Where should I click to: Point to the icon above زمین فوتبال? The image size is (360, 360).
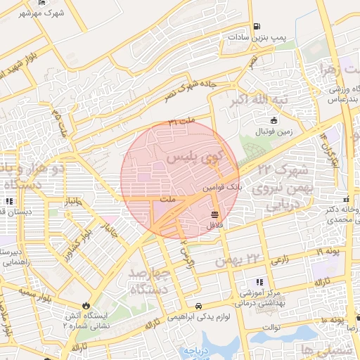264,120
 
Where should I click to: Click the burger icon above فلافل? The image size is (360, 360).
214,214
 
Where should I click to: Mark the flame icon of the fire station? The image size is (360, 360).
85,306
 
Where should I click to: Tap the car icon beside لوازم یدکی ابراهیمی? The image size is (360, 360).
200,307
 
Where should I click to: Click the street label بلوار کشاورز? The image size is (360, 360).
75,240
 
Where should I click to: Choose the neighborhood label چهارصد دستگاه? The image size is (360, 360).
149,281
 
